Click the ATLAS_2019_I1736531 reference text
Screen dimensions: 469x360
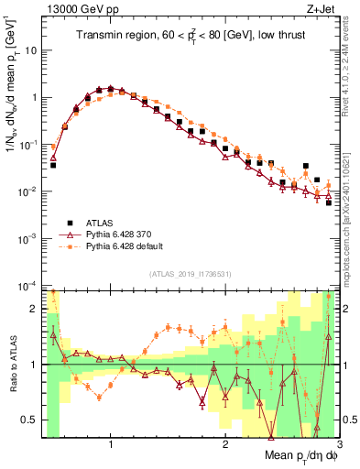190,274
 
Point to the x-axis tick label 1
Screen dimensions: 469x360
111,444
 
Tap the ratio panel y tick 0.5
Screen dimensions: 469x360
30,420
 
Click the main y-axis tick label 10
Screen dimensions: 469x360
30,49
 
